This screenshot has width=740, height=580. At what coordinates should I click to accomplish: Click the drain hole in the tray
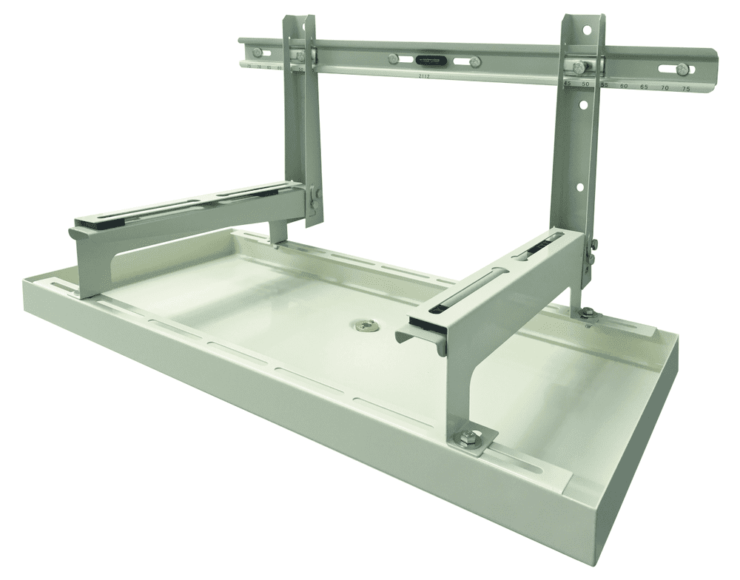[x=363, y=323]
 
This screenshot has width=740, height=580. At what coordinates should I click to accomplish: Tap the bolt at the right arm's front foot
[x=469, y=439]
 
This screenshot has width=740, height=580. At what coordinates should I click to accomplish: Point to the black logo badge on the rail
[x=430, y=61]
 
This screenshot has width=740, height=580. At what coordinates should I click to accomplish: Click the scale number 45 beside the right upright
[x=568, y=85]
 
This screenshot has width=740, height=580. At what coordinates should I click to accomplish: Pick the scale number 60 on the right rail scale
[x=624, y=87]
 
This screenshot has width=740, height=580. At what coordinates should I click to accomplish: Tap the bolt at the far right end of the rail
[x=682, y=70]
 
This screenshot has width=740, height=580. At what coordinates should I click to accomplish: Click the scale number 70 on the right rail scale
[x=665, y=88]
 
